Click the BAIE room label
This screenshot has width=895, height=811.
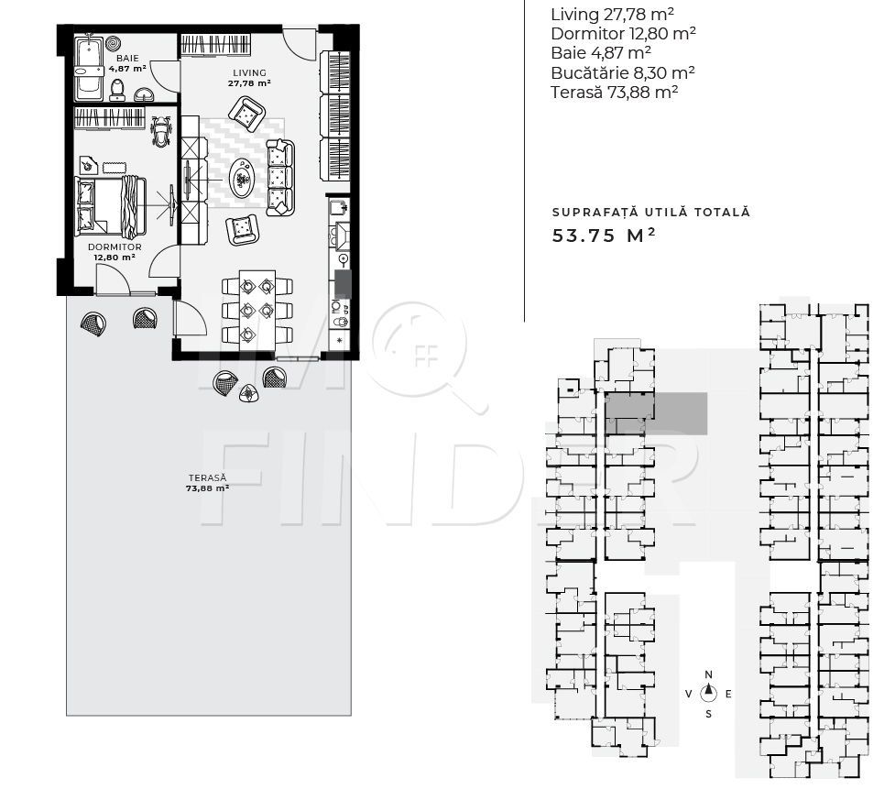(127, 58)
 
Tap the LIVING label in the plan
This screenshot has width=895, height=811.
(249, 73)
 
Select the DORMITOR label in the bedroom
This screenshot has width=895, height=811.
(115, 247)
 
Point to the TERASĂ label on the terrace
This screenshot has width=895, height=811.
(207, 478)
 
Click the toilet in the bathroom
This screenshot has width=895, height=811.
(117, 90)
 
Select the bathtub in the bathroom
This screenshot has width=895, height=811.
(89, 69)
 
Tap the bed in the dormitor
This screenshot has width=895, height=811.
(110, 206)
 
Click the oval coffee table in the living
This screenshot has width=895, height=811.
(242, 178)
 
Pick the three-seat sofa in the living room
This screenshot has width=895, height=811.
(279, 177)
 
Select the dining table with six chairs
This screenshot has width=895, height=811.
(257, 309)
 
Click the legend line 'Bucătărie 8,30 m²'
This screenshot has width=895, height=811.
(623, 73)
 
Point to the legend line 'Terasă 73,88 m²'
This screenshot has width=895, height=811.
(615, 92)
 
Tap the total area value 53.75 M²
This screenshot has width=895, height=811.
(604, 235)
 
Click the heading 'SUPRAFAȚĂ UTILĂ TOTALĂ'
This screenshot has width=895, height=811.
(650, 212)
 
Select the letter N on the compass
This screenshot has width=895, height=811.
(708, 674)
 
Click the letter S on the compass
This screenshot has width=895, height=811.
(708, 713)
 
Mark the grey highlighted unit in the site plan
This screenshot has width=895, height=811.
(657, 413)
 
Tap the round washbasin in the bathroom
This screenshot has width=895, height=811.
(145, 93)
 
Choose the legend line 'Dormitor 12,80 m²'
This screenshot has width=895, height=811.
(624, 34)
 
